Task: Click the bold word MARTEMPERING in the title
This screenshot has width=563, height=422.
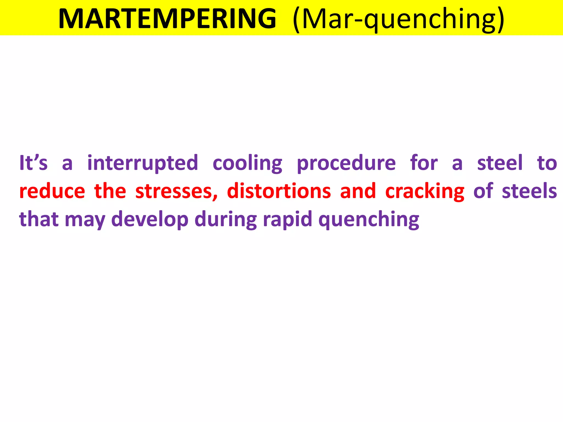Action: click(167, 19)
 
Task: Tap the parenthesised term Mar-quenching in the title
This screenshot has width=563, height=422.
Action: click(398, 19)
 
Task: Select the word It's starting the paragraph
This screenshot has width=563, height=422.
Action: click(33, 163)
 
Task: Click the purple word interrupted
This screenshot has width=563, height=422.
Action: click(143, 163)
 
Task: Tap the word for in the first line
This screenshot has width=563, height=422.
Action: click(424, 163)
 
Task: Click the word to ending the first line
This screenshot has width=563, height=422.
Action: click(547, 163)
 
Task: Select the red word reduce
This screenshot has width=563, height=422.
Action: click(52, 191)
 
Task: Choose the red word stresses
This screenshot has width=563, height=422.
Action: click(176, 191)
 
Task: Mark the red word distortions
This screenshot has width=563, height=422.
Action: click(279, 191)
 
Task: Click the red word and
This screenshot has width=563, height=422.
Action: click(358, 191)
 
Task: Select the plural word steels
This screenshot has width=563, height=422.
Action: click(529, 191)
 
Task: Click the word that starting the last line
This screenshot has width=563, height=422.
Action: click(39, 219)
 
